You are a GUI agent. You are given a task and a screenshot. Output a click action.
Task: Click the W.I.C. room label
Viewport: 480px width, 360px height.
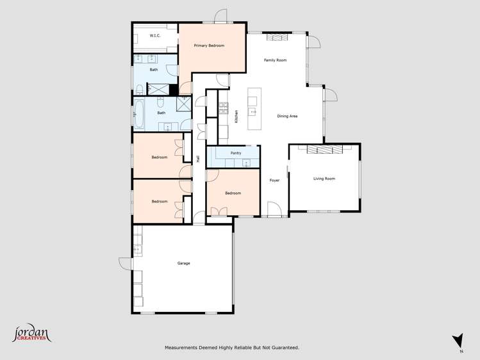155,36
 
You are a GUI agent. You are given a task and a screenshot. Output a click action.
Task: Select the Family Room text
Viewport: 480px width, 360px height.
275,60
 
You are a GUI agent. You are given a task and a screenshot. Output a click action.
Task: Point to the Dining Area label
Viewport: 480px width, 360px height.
287,116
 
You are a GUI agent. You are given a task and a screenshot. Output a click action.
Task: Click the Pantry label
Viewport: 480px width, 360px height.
236,154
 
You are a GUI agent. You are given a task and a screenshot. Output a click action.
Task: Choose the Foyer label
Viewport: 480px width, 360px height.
274,181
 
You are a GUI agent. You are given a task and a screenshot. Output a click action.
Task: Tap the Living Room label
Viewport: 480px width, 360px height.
324,179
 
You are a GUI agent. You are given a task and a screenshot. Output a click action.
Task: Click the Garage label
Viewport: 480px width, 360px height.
183,263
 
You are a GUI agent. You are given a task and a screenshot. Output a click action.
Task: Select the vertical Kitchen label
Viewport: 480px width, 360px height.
236,116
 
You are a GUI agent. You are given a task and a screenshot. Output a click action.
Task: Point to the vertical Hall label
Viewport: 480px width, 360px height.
199,159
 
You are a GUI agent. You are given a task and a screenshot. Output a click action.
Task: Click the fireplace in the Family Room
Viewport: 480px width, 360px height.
277,38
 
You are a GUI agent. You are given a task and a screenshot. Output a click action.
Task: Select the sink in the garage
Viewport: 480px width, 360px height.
137,249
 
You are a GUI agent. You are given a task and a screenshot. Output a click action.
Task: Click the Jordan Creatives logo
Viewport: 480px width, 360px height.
31,334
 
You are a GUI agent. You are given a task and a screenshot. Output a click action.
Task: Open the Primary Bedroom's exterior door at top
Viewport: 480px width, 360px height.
220,16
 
